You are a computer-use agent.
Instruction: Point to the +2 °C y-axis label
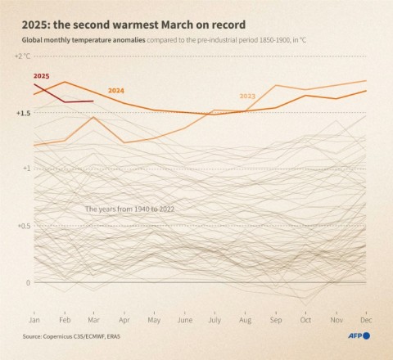coord(22,56)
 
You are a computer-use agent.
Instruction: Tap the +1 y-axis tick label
coord(25,169)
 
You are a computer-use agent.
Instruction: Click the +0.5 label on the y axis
coord(22,226)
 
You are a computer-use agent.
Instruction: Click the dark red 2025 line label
coord(41,75)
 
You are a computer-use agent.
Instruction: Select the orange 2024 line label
coord(116,90)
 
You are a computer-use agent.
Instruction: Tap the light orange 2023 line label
coord(247,96)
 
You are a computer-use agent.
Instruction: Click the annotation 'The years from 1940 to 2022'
coord(130,209)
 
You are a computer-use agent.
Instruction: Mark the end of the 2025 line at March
coord(94,101)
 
